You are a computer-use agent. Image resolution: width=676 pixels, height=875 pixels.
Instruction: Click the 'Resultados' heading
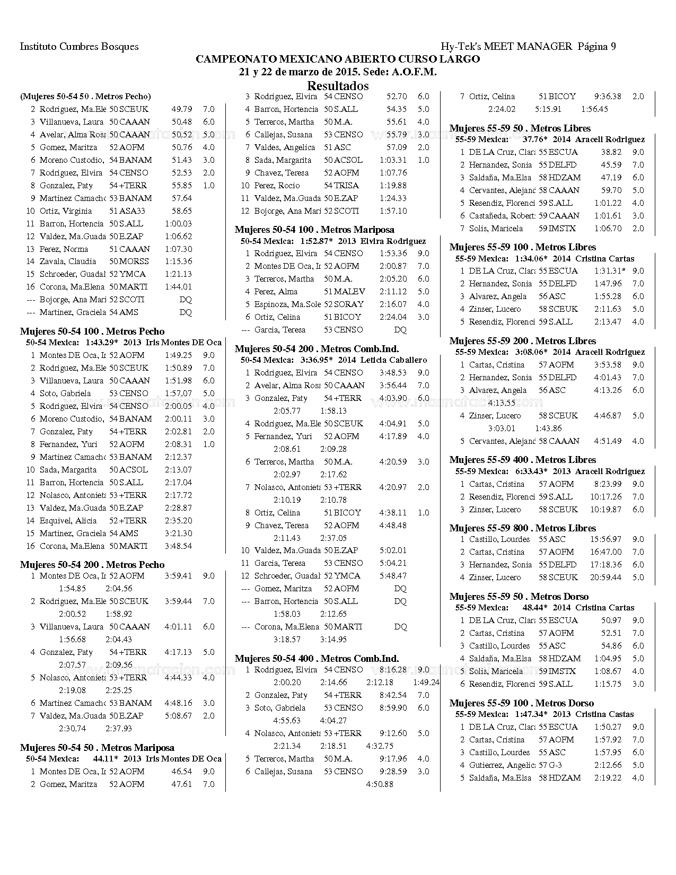pyautogui.click(x=338, y=85)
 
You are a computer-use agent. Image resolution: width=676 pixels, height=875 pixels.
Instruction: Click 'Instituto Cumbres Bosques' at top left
pyautogui.click(x=79, y=47)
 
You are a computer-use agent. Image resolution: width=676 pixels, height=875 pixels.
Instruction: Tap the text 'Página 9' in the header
pyautogui.click(x=596, y=47)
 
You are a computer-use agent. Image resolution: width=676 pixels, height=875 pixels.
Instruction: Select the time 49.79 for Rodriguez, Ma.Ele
pyautogui.click(x=181, y=109)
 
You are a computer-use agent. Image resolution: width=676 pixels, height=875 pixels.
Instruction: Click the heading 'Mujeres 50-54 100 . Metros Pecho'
pyautogui.click(x=92, y=331)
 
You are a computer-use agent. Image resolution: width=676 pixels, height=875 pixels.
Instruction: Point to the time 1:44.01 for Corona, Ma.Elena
pyautogui.click(x=178, y=287)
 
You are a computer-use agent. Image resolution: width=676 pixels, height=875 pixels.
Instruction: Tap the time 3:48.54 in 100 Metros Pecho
pyautogui.click(x=178, y=546)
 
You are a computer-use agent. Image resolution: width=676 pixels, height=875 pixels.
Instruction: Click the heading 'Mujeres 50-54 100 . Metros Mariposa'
pyautogui.click(x=314, y=230)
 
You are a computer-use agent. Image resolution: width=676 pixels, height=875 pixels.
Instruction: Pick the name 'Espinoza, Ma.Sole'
pyautogui.click(x=287, y=304)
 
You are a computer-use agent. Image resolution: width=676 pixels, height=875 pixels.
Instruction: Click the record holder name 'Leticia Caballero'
pyautogui.click(x=393, y=360)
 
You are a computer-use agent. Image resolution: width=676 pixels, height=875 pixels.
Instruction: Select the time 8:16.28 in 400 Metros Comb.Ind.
pyautogui.click(x=393, y=670)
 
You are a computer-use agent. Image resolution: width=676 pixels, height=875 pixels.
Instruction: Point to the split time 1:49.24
pyautogui.click(x=426, y=682)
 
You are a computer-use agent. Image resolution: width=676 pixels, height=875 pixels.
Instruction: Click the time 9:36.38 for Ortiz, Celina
pyautogui.click(x=608, y=97)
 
